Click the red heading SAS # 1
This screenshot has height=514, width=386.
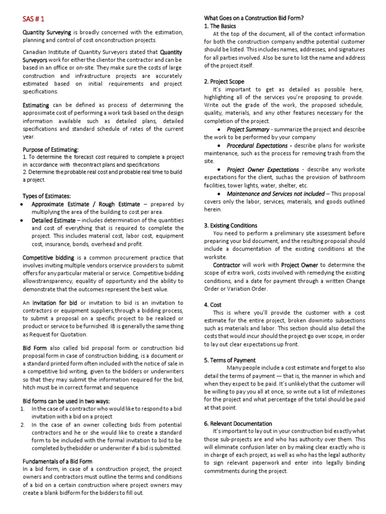pyautogui.click(x=34, y=19)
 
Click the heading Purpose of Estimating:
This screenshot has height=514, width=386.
pyautogui.click(x=50, y=150)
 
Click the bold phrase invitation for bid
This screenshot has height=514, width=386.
pyautogui.click(x=55, y=303)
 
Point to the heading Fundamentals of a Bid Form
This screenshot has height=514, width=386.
pyautogui.click(x=57, y=461)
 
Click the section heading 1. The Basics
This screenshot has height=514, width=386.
pyautogui.click(x=220, y=26)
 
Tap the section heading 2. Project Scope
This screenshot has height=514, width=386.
pyautogui.click(x=224, y=81)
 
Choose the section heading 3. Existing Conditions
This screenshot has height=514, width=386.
pyautogui.click(x=231, y=225)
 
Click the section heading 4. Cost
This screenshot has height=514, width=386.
pyautogui.click(x=213, y=305)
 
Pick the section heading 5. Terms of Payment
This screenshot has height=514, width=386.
pyautogui.click(x=230, y=360)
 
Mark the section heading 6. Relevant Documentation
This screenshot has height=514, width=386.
pyautogui.click(x=238, y=424)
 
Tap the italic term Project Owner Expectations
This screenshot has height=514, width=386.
pyautogui.click(x=262, y=170)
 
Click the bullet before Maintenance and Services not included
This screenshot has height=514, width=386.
pyautogui.click(x=220, y=194)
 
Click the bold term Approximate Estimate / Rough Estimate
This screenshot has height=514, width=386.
pyautogui.click(x=86, y=204)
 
